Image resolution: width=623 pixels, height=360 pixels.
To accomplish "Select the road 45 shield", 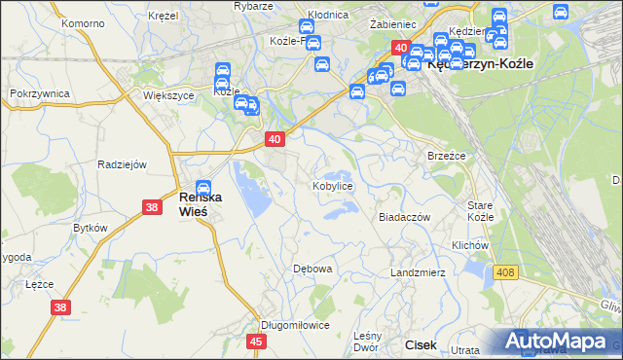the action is coord(257,342).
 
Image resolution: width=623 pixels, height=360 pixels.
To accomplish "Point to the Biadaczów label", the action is coord(404,218).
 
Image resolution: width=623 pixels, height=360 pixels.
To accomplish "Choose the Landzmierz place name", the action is coord(418,272).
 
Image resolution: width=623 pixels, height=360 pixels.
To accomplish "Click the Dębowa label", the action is coord(313,268).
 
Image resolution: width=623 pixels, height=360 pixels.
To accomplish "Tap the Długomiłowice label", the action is coord(295,325).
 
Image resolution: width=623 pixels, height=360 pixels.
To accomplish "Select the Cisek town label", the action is coord(421,344).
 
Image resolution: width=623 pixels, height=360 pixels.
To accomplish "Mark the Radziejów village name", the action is coord(122,164).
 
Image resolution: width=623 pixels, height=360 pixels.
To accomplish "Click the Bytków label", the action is coord(90,227).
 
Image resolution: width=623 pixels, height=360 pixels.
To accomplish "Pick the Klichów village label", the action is coord(469,246).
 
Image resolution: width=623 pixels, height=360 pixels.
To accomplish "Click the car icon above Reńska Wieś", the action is coord(202,188).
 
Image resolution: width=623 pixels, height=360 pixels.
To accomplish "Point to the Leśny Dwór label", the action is coord(365,340).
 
